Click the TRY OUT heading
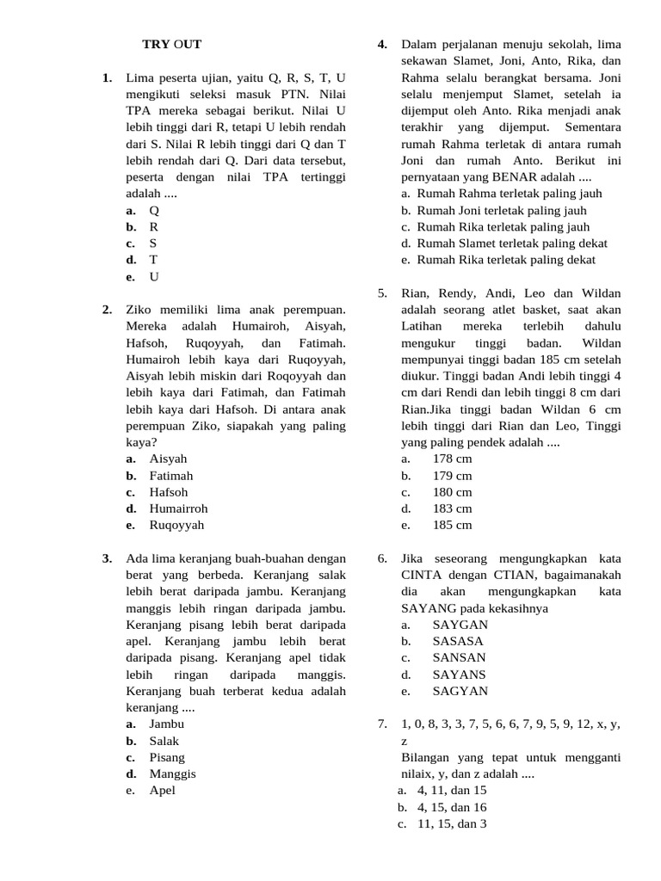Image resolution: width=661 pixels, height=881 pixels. tap(171, 44)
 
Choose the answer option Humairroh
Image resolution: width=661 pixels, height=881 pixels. tap(178, 508)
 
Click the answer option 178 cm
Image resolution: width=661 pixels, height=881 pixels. tap(452, 459)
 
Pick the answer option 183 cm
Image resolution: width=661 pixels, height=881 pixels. tap(452, 508)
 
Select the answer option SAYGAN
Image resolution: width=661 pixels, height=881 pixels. tap(460, 625)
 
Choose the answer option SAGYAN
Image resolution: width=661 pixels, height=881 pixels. tap(460, 691)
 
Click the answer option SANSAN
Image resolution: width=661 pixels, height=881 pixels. tap(459, 657)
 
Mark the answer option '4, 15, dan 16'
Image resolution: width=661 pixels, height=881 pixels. tap(452, 807)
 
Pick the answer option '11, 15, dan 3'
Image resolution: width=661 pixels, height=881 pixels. tap(452, 823)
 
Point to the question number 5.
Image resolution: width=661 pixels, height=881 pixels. tap(383, 293)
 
